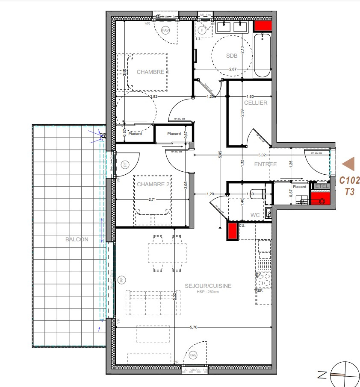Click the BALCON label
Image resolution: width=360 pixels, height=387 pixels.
[77, 239]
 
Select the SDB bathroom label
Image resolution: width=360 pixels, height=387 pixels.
[231, 56]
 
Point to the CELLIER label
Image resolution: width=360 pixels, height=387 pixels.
[256, 103]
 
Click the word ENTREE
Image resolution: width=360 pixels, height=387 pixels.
[266, 164]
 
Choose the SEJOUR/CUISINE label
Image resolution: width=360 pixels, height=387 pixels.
[208, 286]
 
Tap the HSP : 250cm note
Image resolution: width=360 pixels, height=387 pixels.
[208, 292]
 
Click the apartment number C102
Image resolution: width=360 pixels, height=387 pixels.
[349, 180]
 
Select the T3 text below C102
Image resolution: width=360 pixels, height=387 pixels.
[349, 192]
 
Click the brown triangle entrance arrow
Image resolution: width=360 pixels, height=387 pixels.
[349, 164]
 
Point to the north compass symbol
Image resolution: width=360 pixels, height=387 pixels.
[344, 375]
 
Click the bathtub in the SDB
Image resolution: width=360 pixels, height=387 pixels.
[262, 56]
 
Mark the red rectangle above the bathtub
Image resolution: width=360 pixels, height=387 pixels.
[263, 25]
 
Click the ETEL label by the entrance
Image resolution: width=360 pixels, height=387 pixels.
[322, 186]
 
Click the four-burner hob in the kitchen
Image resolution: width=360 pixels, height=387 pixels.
[264, 280]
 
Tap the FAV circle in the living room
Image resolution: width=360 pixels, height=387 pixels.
[193, 355]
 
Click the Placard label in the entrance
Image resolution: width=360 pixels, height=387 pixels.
[299, 187]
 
